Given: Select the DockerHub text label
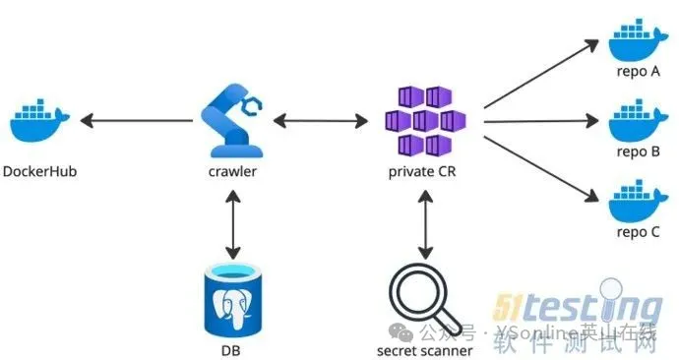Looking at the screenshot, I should (39, 171).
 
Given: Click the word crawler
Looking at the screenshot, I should (232, 171).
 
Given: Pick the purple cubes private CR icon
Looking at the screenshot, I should (424, 120).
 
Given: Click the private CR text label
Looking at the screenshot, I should (424, 171).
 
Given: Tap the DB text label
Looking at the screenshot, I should (232, 348).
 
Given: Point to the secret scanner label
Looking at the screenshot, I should (424, 348).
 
